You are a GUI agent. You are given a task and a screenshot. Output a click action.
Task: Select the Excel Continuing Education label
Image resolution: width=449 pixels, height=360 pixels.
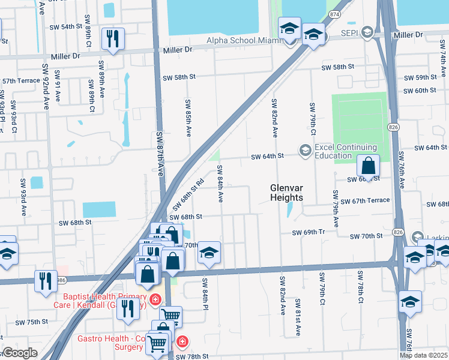click(x=345, y=152)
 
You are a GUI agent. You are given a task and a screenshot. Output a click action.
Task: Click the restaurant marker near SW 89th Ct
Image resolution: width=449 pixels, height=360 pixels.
click(x=113, y=39)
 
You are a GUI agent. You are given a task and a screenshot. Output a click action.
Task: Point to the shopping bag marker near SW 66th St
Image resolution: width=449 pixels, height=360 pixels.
click(x=368, y=166)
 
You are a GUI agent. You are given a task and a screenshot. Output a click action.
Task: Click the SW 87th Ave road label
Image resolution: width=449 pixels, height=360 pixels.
click(x=160, y=154)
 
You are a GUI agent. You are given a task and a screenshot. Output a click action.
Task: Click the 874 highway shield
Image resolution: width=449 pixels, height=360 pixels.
click(x=334, y=14)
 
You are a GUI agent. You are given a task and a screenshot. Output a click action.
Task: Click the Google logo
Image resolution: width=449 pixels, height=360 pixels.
click(x=20, y=353)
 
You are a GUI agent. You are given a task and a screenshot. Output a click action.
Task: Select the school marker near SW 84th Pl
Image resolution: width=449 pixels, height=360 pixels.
click(x=209, y=253)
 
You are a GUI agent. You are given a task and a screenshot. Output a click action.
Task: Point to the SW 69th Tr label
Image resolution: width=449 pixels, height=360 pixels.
click(x=308, y=232)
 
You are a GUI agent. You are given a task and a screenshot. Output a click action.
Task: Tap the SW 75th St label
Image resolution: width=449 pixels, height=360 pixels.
click(x=32, y=322)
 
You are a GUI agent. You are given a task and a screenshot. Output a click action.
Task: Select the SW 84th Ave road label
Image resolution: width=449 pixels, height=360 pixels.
click(x=220, y=183)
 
